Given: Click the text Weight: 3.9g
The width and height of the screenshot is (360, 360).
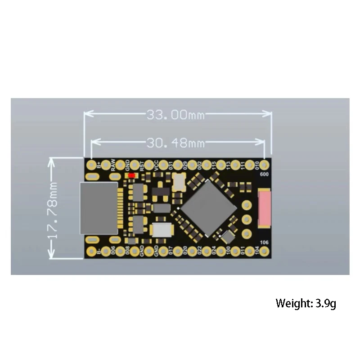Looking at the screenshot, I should (x=306, y=303).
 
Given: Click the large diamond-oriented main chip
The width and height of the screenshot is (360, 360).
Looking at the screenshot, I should (x=208, y=207).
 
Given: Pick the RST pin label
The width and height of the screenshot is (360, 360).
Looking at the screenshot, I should (x=142, y=166).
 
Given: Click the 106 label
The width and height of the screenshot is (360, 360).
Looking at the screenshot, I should (x=264, y=243).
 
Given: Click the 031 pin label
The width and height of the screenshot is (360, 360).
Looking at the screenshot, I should (x=171, y=166).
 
